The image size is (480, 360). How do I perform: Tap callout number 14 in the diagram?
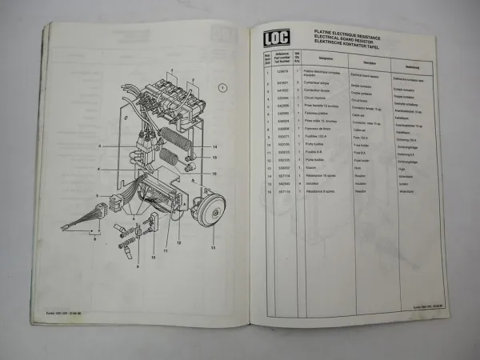(x=215, y=147)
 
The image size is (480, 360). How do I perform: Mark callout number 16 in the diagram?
(x=215, y=170)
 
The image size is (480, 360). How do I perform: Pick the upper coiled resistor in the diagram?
(x=174, y=137)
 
